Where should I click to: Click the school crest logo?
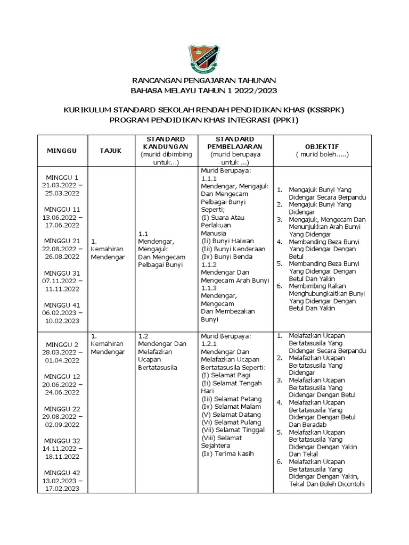pos(204,59)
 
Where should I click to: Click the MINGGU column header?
pos(61,151)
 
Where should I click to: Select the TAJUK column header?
pos(110,151)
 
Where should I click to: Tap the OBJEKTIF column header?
pos(322,146)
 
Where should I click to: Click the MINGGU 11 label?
pos(63,209)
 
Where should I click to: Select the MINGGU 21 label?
pos(63,241)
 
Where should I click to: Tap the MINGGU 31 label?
pos(63,274)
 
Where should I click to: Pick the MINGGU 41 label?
pos(63,305)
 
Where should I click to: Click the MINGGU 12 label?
pos(63,377)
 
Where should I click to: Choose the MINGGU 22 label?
pos(63,409)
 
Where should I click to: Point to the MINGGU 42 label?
pos(63,473)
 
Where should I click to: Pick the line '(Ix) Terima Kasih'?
pos(228,453)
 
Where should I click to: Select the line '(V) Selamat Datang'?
pos(231,415)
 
